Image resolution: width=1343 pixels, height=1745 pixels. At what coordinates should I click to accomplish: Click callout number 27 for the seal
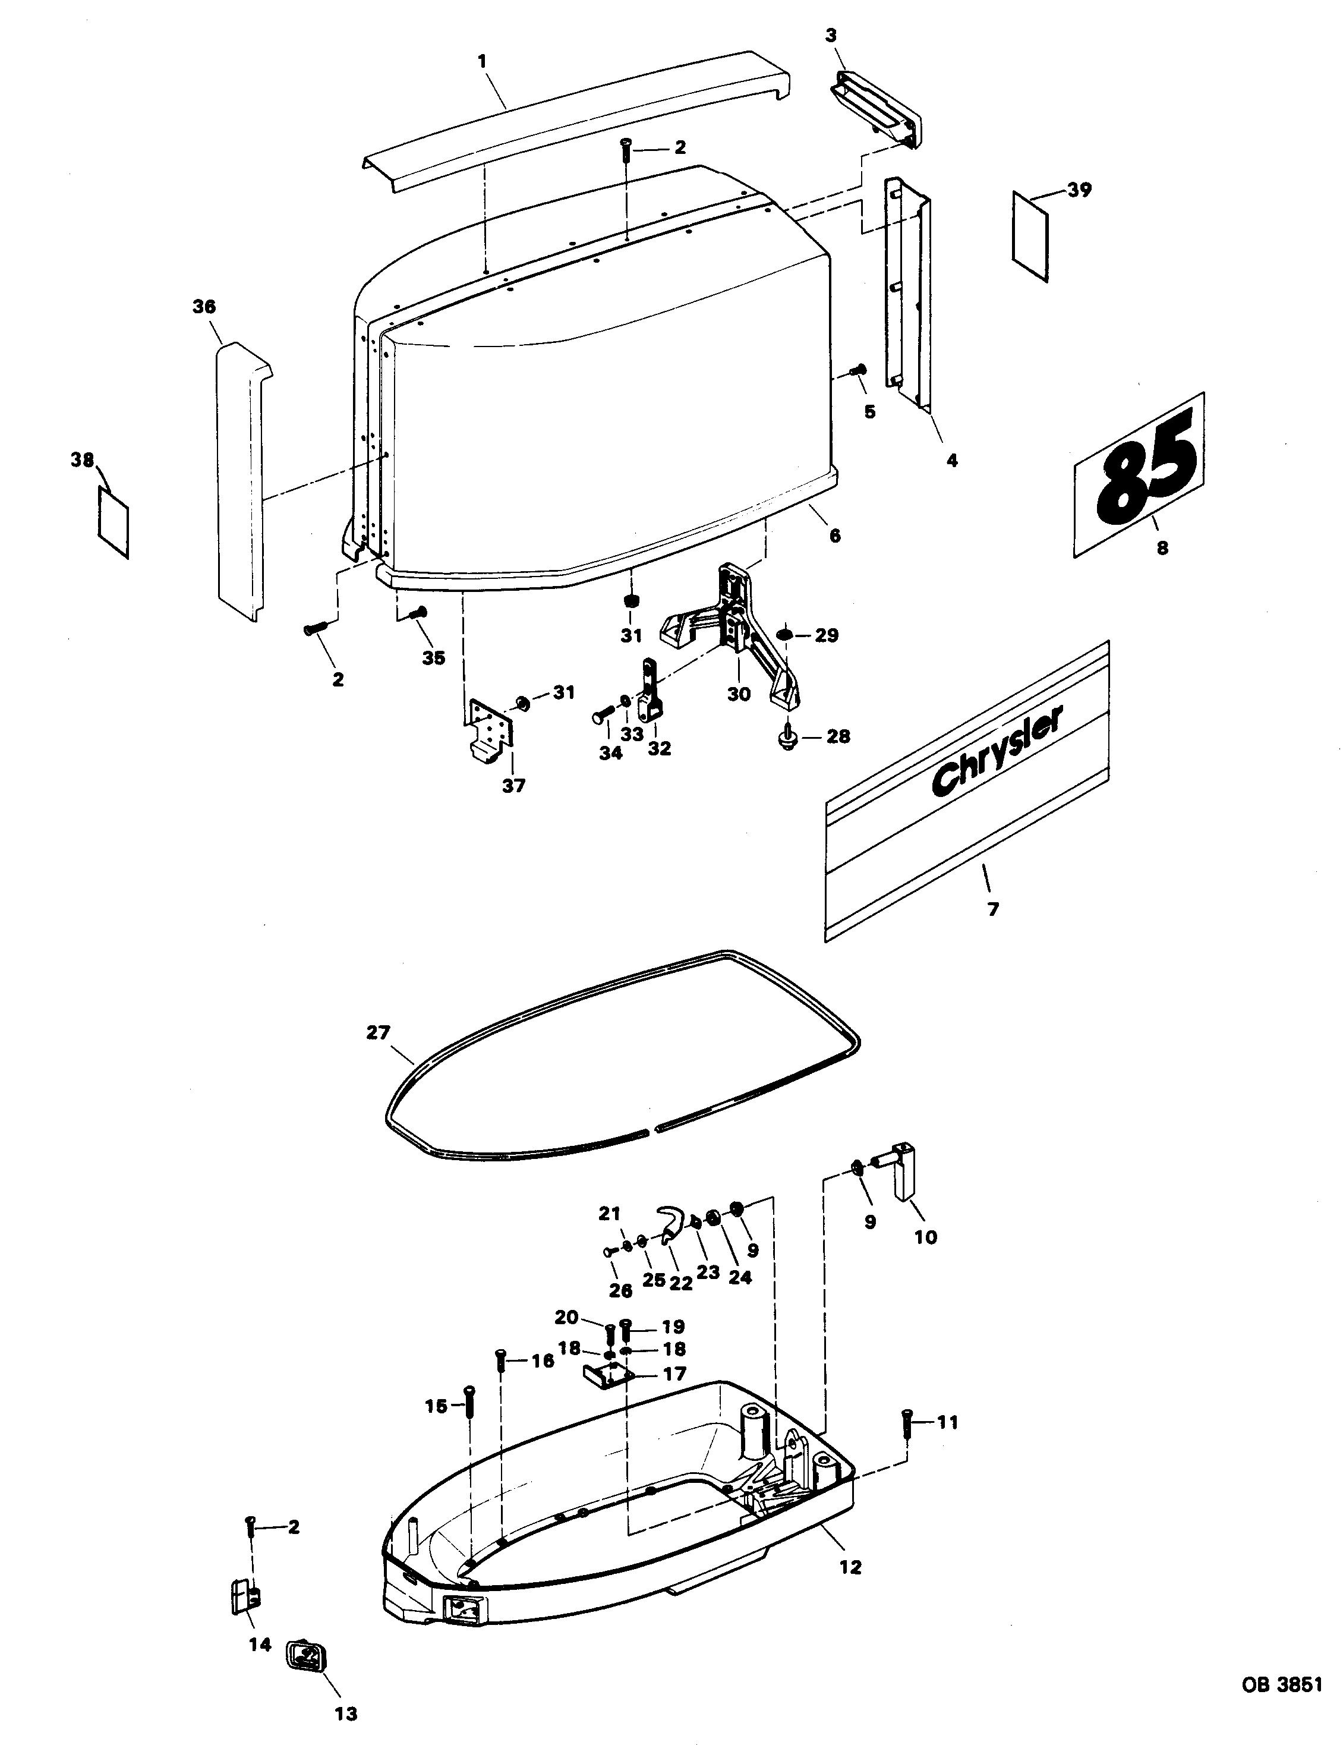click(x=378, y=1032)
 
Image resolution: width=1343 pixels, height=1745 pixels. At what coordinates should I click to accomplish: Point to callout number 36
click(x=204, y=306)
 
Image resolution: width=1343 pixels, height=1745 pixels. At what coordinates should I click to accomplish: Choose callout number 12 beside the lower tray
click(x=851, y=1567)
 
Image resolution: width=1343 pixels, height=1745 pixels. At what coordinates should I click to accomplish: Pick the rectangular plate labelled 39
click(x=1030, y=237)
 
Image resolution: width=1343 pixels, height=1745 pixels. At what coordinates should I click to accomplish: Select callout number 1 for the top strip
click(x=482, y=61)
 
